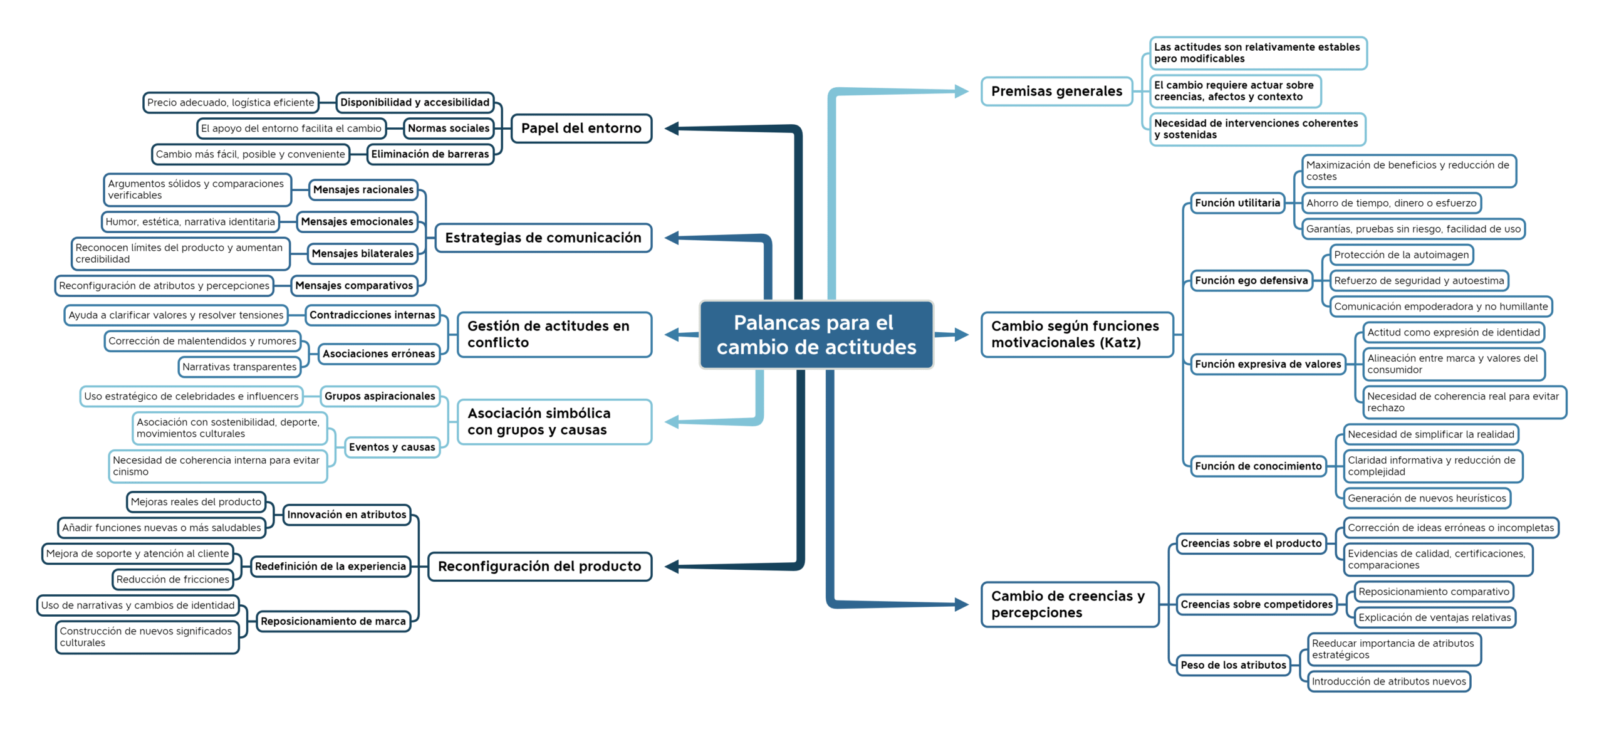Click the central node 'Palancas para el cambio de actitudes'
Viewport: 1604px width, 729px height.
point(816,335)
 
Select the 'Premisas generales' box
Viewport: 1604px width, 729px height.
point(1056,92)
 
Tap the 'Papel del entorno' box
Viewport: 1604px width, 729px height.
point(581,128)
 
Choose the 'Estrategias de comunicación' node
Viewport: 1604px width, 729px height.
point(543,238)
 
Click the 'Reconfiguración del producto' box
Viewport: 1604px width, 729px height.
point(539,567)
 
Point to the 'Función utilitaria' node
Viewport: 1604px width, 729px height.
point(1237,203)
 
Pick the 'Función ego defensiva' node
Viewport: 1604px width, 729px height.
point(1251,281)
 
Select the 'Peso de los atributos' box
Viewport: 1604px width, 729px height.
point(1233,665)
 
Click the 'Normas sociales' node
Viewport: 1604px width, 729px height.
point(449,128)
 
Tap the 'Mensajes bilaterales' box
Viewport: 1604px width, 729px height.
point(363,254)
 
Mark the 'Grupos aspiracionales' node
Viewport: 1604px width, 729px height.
point(380,396)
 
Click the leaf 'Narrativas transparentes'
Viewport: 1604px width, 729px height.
point(239,367)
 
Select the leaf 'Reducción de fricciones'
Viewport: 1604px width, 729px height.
point(173,579)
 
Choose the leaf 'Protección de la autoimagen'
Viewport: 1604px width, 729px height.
point(1401,254)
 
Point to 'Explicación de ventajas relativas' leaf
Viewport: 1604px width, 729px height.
point(1435,617)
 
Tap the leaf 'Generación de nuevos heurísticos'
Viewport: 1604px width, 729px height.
point(1427,498)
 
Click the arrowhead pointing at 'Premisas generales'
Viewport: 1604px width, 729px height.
point(962,92)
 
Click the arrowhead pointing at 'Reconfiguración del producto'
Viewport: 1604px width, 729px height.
point(672,567)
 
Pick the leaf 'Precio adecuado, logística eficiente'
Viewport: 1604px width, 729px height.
point(231,103)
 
